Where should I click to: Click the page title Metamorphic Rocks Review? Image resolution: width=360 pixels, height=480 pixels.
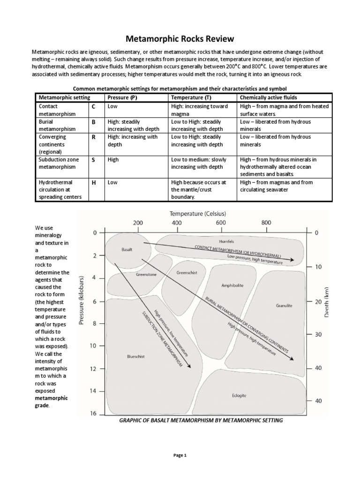[x=180, y=38]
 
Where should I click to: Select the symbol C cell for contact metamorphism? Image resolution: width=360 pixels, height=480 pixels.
[x=93, y=107]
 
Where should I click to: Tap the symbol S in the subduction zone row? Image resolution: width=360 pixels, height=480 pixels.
[x=93, y=160]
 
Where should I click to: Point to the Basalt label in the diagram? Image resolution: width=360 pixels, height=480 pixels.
[x=127, y=250]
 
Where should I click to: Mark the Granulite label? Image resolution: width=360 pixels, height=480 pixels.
[x=284, y=305]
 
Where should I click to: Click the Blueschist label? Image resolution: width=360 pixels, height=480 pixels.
[x=135, y=356]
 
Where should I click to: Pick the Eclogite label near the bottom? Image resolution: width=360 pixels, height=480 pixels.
[x=238, y=396]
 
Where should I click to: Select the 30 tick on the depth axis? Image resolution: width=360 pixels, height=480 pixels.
[x=318, y=335]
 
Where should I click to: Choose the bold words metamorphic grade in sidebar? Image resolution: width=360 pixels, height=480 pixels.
[x=52, y=402]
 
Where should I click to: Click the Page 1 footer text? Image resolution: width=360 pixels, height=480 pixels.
[x=180, y=455]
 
